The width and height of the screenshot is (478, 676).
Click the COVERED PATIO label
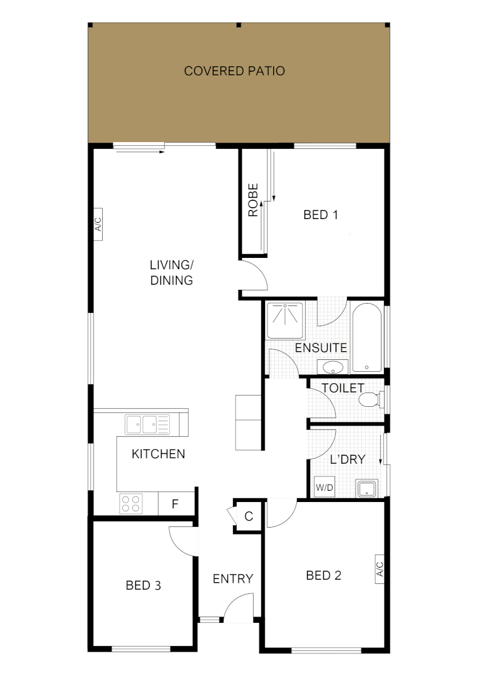coord(234,71)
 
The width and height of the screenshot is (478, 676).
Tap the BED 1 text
coord(321,215)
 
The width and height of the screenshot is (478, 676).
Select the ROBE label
coord(253,200)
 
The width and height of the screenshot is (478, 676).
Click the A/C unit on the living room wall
coord(98,225)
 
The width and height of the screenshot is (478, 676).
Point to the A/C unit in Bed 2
coord(380,569)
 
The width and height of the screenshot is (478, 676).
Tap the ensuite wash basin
coord(331,366)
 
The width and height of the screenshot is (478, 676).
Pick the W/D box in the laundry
coord(324,487)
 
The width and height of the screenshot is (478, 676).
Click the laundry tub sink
coord(366,488)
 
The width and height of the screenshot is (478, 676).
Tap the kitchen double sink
coord(147,424)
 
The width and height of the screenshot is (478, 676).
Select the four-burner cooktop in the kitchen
coord(132,503)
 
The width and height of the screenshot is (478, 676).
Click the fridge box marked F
coord(175,503)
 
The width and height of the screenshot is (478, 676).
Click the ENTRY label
coord(233,578)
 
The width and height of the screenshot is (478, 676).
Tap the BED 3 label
coord(143,585)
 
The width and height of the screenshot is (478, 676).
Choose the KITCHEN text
coord(158,454)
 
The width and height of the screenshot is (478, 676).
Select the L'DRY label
coord(348,459)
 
